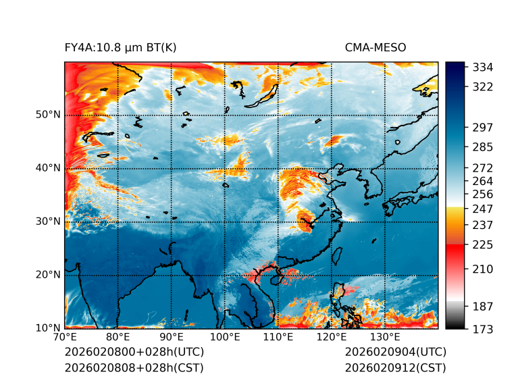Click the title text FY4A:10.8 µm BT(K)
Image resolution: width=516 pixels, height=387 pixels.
point(120,47)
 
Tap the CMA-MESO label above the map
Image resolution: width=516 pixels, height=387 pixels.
point(375,47)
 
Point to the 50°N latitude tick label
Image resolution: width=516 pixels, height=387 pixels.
point(49,115)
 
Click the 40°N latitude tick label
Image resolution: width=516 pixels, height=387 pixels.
point(49,168)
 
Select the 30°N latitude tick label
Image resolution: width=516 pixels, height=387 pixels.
point(49,222)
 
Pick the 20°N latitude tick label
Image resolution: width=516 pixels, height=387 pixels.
point(49,275)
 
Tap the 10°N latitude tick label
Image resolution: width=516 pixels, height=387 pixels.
point(49,328)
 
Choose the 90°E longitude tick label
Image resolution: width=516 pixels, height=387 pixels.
point(172,338)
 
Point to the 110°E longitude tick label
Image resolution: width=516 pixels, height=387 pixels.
point(278,338)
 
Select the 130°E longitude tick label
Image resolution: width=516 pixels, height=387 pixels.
point(385,338)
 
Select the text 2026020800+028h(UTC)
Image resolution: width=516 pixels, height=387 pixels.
point(134,353)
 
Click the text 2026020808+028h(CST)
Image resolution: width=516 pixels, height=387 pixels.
point(134,368)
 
